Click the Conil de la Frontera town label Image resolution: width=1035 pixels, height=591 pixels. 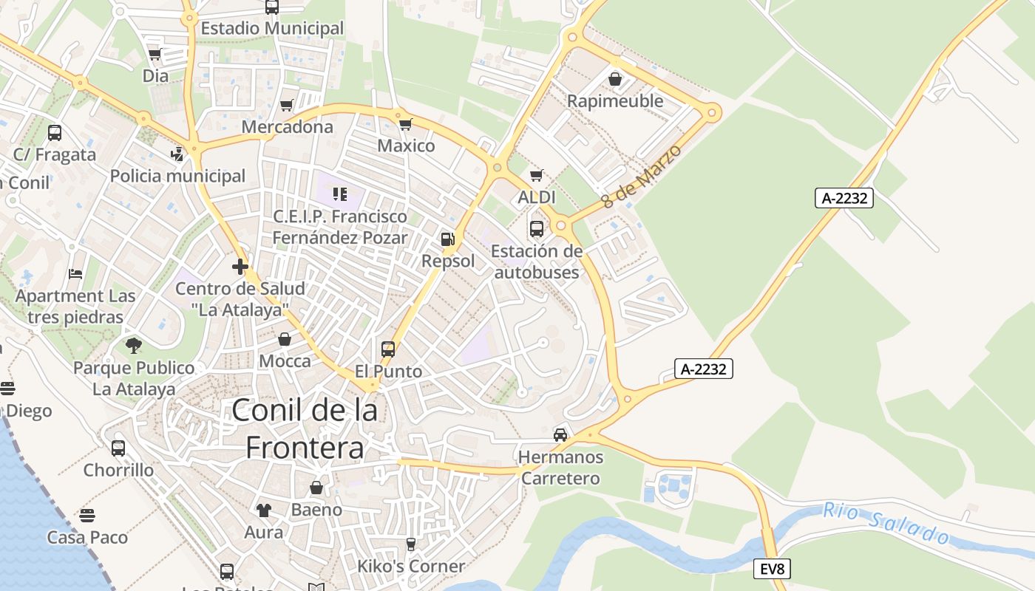tap(305, 428)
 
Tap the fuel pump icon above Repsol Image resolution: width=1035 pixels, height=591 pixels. tap(447, 239)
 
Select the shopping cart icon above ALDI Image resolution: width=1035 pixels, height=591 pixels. tap(537, 176)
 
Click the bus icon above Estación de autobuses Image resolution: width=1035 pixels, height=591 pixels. tap(537, 228)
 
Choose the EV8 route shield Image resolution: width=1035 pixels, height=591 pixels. tap(773, 569)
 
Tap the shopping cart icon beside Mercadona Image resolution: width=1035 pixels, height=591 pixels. tap(286, 106)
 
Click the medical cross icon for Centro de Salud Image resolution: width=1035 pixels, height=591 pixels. tap(240, 267)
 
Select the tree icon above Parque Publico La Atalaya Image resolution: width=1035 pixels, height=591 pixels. tap(134, 345)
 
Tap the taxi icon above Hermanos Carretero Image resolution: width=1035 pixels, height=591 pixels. tap(560, 435)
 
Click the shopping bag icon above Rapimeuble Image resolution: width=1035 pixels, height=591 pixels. tap(615, 79)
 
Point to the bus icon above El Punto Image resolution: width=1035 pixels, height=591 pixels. tap(388, 349)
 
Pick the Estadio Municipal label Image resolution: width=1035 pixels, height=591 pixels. tap(272, 28)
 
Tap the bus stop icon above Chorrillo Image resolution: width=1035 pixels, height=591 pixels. tap(118, 448)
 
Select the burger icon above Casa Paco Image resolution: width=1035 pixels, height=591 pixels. tap(87, 515)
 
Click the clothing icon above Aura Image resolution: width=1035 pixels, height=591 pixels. tap(264, 510)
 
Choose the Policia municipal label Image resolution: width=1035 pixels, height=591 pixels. tap(177, 176)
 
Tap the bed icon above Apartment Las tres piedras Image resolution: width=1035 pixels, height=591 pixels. tap(75, 274)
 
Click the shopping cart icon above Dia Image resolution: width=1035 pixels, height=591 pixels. tap(155, 54)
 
